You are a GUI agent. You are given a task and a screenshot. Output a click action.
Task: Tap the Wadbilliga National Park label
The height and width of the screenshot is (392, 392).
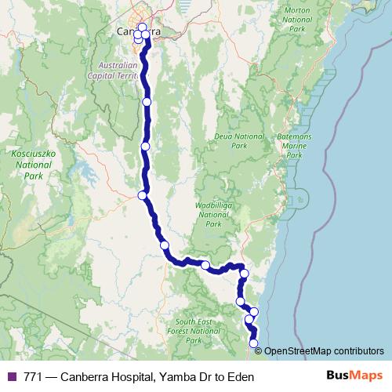click(212, 213)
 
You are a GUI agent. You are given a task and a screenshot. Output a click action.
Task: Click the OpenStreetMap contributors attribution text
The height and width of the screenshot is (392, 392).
click(325, 351)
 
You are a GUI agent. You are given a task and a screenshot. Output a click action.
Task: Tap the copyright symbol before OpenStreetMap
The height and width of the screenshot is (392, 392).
click(260, 351)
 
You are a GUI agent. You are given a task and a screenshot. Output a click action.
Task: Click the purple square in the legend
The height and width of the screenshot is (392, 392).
click(11, 377)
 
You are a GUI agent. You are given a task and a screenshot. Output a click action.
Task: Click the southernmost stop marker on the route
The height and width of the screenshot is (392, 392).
click(253, 343)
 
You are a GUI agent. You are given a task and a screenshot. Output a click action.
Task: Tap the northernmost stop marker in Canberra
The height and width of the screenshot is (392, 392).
click(142, 27)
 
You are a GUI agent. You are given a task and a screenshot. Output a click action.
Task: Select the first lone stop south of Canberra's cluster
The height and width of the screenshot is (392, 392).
click(147, 101)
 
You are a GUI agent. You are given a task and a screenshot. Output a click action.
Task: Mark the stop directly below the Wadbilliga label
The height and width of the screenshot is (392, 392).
click(205, 265)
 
